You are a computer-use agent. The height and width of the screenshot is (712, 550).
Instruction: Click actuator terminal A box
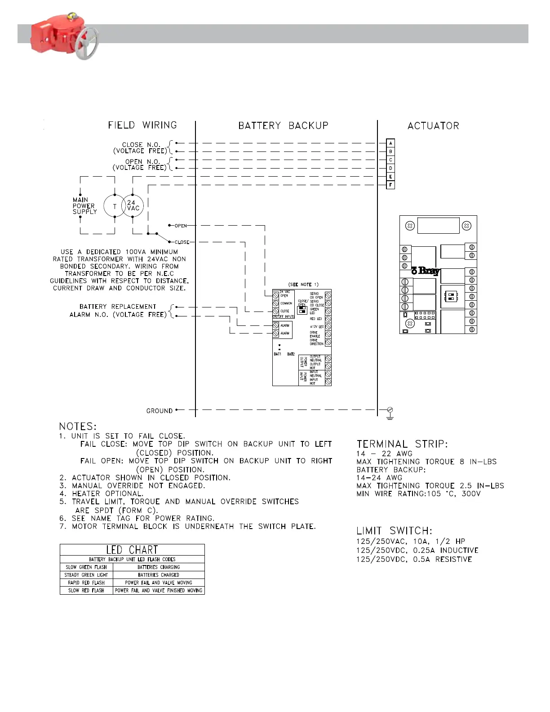pyautogui.click(x=390, y=143)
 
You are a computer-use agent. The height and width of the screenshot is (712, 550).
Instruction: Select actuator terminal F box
pyautogui.click(x=390, y=185)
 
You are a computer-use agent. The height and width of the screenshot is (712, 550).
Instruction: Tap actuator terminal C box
pyautogui.click(x=390, y=160)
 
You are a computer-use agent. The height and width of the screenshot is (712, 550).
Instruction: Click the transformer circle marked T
pyautogui.click(x=114, y=206)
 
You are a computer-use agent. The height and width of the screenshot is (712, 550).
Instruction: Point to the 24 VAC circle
pyautogui.click(x=133, y=206)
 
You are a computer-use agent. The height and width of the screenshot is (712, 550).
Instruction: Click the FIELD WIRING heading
pyautogui.click(x=142, y=125)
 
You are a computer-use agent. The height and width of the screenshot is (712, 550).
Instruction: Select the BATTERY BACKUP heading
pyautogui.click(x=283, y=125)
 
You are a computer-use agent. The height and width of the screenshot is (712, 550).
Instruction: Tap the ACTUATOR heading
pyautogui.click(x=433, y=126)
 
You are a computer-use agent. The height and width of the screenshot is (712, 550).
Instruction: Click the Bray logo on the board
pyautogui.click(x=426, y=270)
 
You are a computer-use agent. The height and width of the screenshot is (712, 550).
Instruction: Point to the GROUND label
pyautogui.click(x=160, y=411)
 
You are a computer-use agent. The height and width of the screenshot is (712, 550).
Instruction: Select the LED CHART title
pyautogui.click(x=132, y=550)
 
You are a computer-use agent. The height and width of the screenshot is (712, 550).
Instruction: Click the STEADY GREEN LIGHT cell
pyautogui.click(x=86, y=575)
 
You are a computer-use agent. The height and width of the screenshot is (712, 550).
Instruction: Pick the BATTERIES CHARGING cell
pyautogui.click(x=159, y=567)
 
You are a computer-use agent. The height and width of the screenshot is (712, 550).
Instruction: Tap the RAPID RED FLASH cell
pyautogui.click(x=86, y=583)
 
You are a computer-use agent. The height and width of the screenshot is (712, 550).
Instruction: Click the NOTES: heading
pyautogui.click(x=78, y=426)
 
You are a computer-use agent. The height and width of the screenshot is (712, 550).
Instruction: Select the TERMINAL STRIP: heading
pyautogui.click(x=402, y=444)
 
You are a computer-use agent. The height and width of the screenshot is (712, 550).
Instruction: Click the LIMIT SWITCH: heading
pyautogui.click(x=395, y=531)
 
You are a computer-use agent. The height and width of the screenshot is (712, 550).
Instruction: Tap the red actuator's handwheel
pyautogui.click(x=87, y=44)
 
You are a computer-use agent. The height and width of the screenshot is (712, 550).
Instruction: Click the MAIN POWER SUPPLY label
pyautogui.click(x=84, y=206)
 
